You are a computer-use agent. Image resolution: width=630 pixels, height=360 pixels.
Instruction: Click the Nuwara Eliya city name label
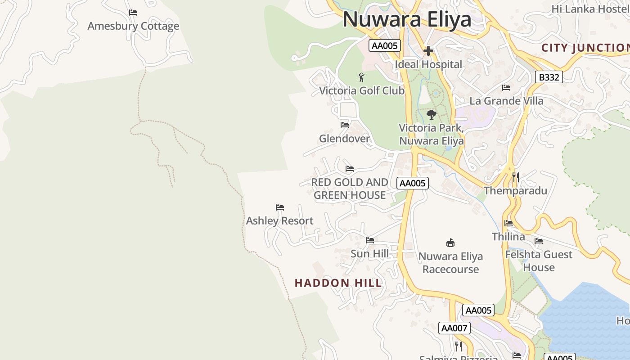point(407,19)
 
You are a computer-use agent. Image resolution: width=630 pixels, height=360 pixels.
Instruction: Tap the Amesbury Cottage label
point(133,26)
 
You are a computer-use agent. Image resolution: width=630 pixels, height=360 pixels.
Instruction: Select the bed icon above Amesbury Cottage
point(133,12)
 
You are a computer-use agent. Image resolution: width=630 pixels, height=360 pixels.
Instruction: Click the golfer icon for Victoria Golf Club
point(361,77)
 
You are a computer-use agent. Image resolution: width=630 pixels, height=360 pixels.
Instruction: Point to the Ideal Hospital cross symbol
point(428,51)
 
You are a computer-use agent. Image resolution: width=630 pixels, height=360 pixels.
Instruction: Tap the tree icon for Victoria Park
point(431,114)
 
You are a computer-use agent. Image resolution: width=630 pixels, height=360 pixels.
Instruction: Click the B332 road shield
point(549,77)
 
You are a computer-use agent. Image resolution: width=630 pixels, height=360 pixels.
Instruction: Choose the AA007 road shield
point(454,328)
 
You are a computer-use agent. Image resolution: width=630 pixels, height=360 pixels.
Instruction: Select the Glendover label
point(344,139)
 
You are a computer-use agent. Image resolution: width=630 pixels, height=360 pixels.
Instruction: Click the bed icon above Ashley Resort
point(280,207)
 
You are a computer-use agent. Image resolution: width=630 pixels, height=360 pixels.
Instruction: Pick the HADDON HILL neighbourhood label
point(338,283)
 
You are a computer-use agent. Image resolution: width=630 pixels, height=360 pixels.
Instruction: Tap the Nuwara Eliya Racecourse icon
point(450,243)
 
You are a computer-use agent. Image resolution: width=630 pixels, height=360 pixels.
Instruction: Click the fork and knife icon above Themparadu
point(516,177)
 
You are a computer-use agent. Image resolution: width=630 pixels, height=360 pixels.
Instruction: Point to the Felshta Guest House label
point(539,261)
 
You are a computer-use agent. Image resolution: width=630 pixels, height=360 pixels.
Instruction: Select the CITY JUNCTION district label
point(585,48)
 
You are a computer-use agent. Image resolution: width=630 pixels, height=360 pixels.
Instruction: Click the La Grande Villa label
point(506,101)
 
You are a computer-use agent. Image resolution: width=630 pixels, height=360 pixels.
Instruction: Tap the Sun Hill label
point(369,254)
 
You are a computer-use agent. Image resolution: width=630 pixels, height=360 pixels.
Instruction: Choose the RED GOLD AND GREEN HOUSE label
point(350,189)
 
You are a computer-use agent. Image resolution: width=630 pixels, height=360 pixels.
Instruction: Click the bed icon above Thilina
point(508,223)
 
